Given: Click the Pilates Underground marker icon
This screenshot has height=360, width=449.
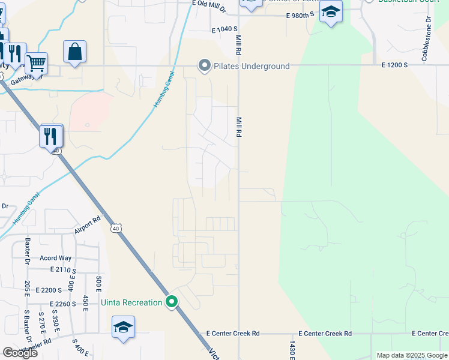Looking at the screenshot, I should (x=205, y=66).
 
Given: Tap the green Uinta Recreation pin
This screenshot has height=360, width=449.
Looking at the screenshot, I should (x=172, y=302).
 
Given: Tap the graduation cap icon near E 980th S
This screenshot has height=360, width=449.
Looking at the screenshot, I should (x=330, y=12).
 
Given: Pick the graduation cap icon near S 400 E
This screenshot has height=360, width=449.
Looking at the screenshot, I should (x=123, y=327).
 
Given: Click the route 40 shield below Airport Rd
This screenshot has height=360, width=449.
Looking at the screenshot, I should (x=115, y=228).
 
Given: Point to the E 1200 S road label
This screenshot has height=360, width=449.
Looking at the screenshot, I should (x=394, y=65).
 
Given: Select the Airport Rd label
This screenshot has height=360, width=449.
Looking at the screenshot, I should (x=88, y=226).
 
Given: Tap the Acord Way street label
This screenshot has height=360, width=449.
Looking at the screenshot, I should (x=55, y=258).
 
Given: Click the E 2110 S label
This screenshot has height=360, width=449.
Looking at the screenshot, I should (x=63, y=271).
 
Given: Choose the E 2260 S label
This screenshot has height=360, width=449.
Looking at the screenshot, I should (x=63, y=304).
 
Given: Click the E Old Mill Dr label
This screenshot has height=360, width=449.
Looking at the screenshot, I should (x=209, y=7).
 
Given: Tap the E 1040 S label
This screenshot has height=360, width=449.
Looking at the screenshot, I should (x=224, y=29).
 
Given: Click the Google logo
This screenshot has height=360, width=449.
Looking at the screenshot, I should (x=20, y=353).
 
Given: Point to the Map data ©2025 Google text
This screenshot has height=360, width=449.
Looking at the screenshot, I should (x=411, y=355).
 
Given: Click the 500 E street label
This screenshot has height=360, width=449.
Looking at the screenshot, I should (x=98, y=283).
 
